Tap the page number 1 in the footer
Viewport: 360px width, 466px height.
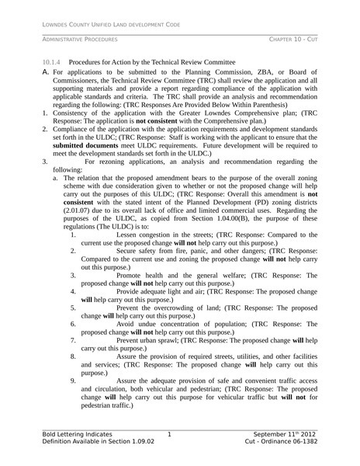tap(169, 433)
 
